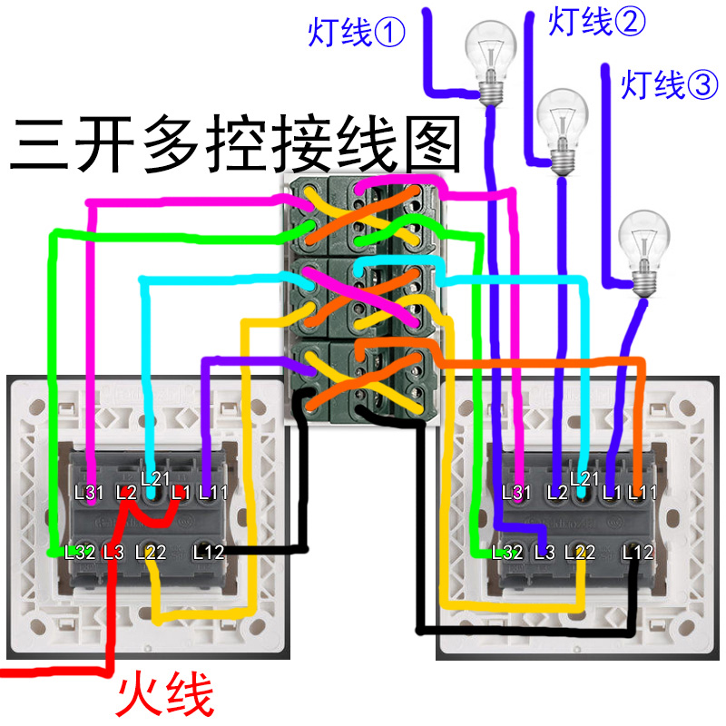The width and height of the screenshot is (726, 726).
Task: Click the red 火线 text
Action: pos(166,694)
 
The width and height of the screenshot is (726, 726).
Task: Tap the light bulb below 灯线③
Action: pos(643,250)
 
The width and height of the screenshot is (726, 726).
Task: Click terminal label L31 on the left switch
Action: pos(90,493)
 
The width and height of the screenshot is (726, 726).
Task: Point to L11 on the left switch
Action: pos(212,493)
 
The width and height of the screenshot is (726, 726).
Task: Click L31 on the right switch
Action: pos(516,493)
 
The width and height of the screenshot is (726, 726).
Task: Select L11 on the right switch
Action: pos(642,493)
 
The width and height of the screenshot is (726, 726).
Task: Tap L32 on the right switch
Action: pos(507,551)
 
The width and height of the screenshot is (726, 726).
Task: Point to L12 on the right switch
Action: pos(638,551)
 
